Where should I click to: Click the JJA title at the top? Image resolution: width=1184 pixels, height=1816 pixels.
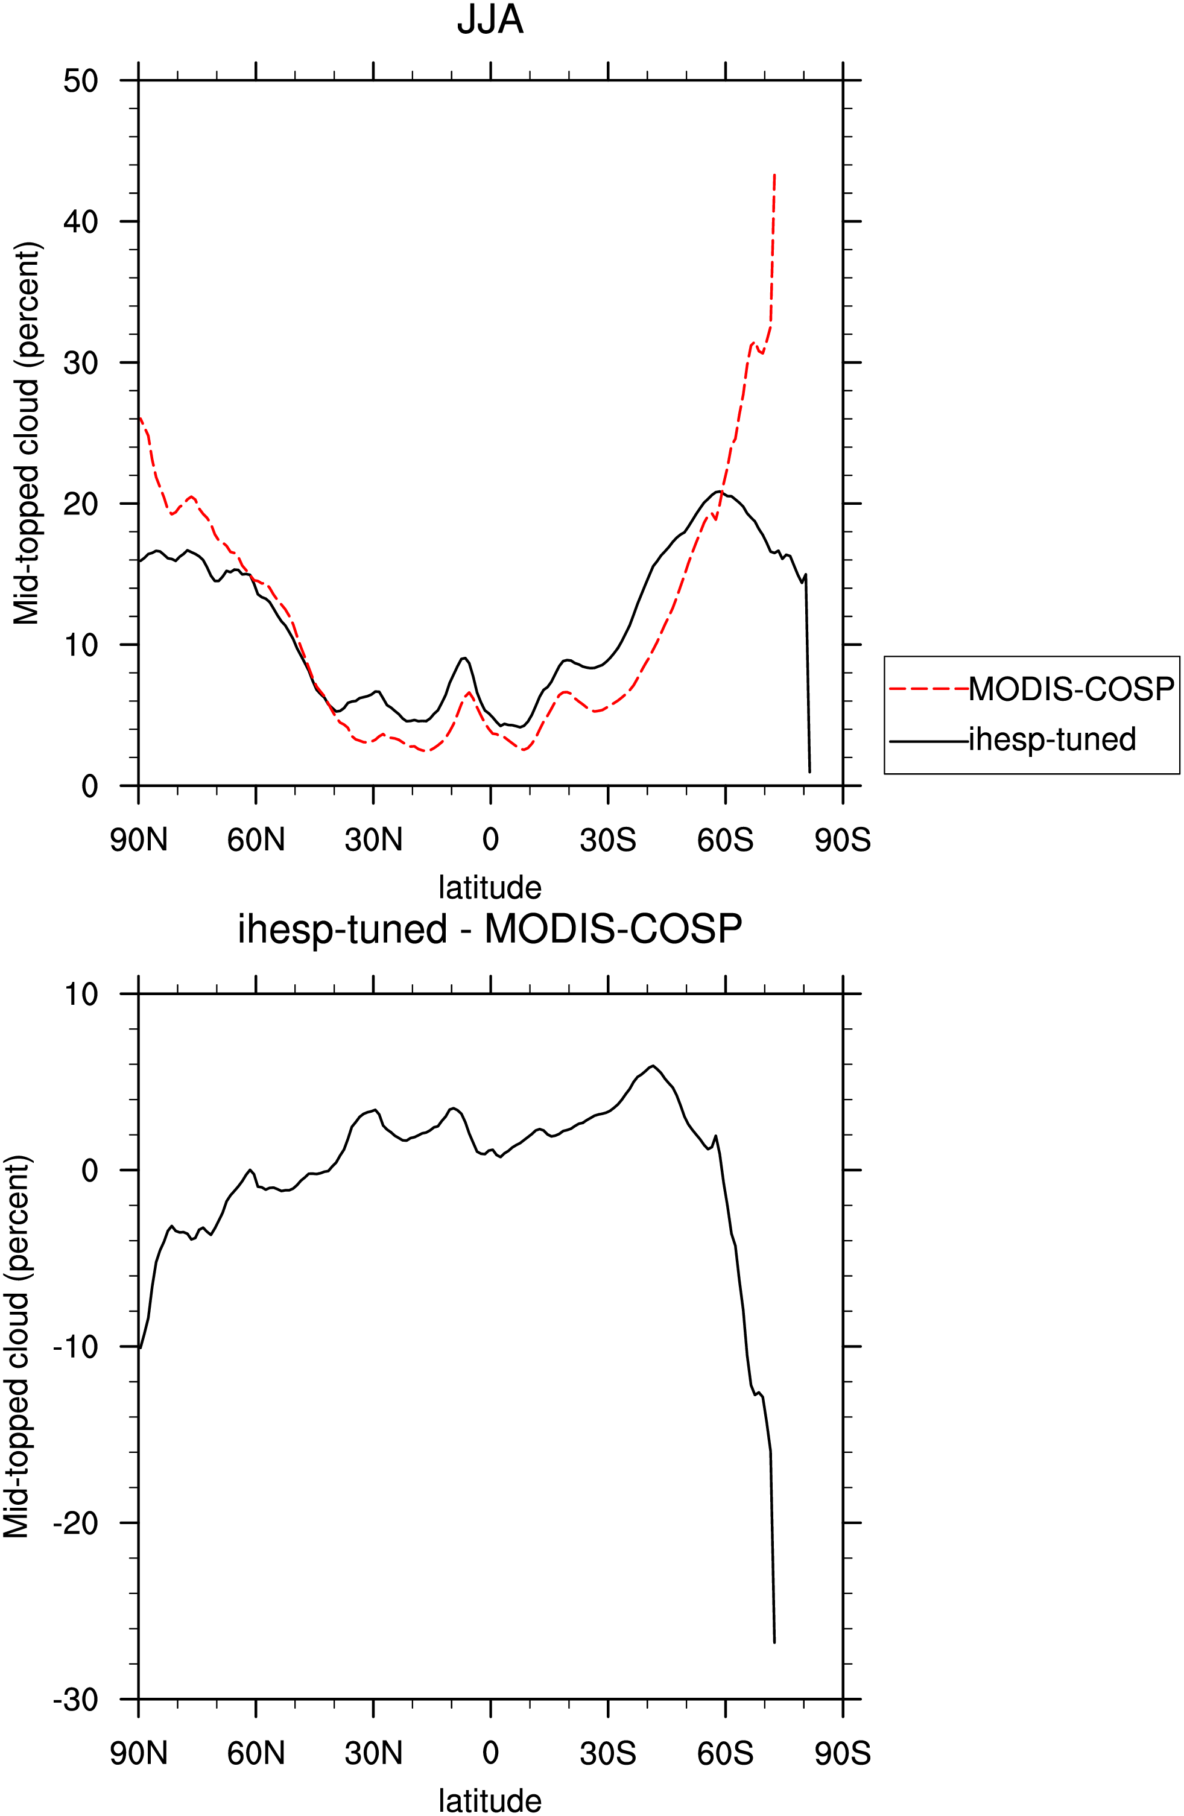pyautogui.click(x=490, y=20)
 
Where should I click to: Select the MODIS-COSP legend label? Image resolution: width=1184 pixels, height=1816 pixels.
pyautogui.click(x=1072, y=689)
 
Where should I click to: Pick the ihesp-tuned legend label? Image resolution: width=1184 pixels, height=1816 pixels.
pyautogui.click(x=1053, y=739)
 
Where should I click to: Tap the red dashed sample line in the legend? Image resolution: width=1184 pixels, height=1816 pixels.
pyautogui.click(x=928, y=689)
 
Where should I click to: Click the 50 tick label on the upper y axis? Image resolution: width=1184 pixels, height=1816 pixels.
pyautogui.click(x=81, y=80)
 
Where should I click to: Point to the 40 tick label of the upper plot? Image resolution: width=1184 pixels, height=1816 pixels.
pyautogui.click(x=81, y=221)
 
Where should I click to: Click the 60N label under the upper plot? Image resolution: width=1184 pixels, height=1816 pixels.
pyautogui.click(x=256, y=840)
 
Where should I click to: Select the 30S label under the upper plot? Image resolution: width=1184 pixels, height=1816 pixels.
pyautogui.click(x=608, y=840)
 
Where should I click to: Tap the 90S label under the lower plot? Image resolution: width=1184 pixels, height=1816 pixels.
pyautogui.click(x=843, y=1753)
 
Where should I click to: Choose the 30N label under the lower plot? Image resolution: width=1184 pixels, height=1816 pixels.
pyautogui.click(x=373, y=1753)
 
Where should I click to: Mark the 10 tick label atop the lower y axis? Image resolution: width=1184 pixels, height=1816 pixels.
pyautogui.click(x=81, y=994)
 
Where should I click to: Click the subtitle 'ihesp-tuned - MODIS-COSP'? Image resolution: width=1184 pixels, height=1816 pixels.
pyautogui.click(x=490, y=929)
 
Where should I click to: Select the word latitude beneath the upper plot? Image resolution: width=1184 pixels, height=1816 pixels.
pyautogui.click(x=490, y=887)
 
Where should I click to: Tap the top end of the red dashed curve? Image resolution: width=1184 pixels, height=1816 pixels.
pyautogui.click(x=774, y=174)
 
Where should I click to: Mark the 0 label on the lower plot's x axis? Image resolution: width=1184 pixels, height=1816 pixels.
pyautogui.click(x=490, y=1753)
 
